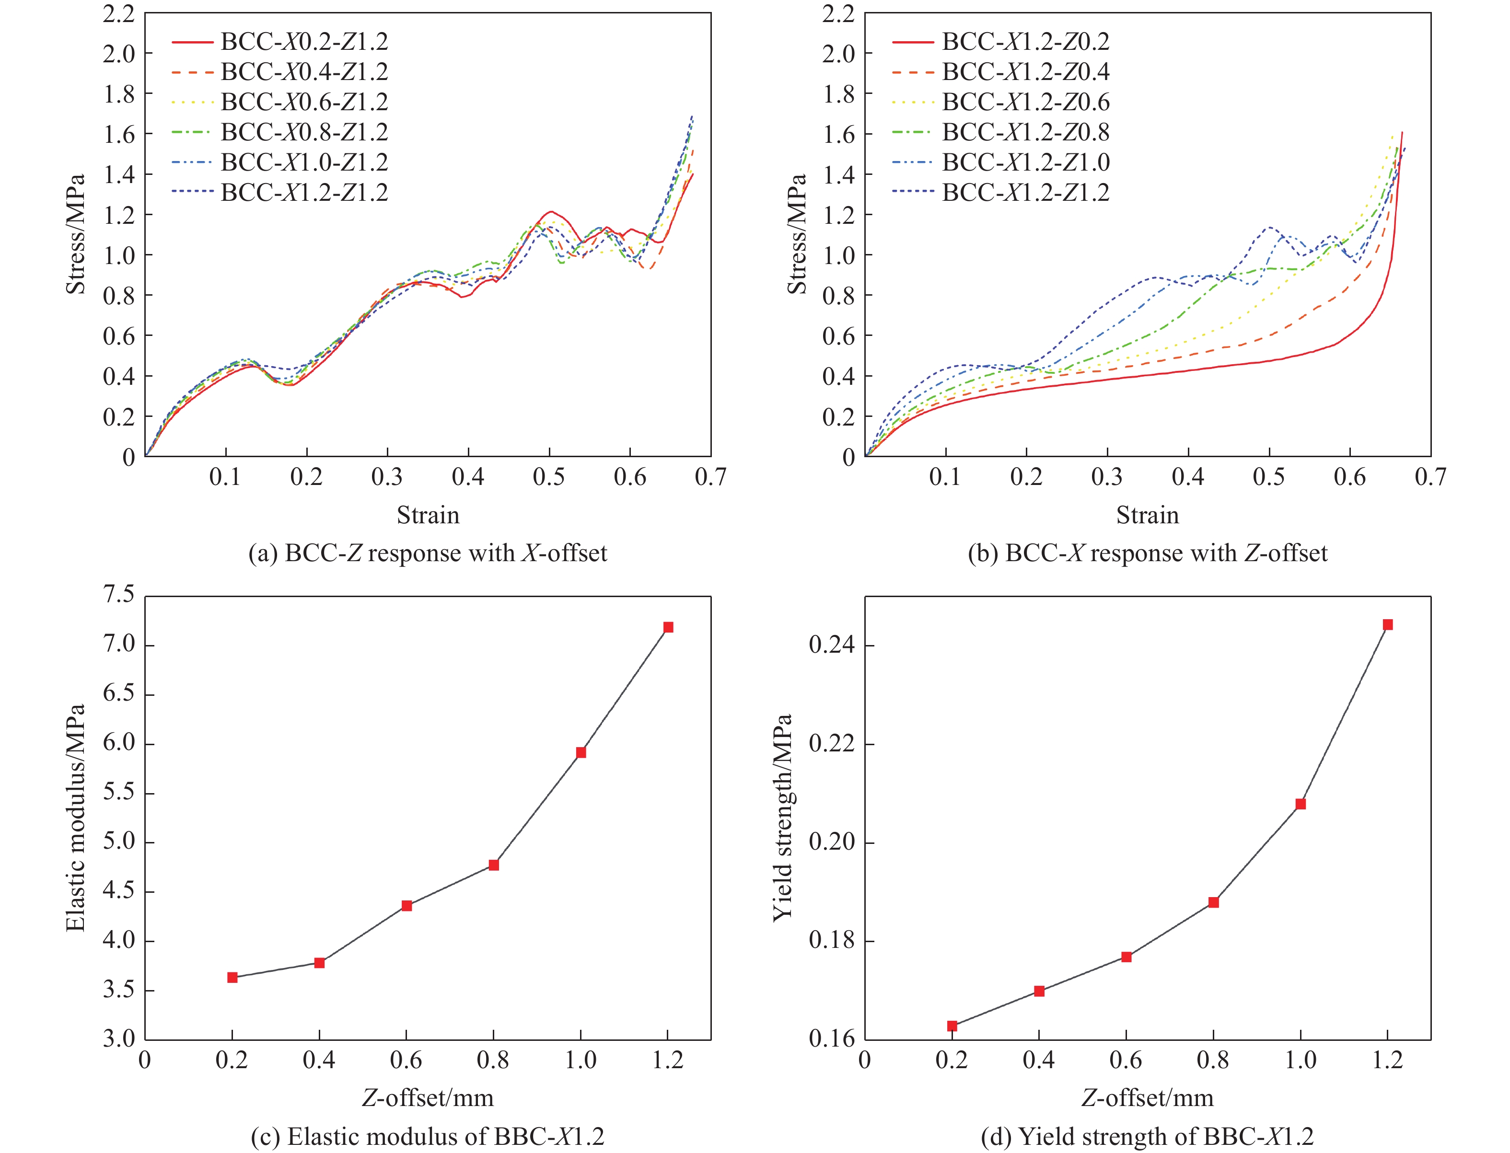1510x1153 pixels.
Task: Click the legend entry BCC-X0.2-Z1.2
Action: coord(303,42)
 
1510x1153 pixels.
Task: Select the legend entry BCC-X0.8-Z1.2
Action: coord(303,132)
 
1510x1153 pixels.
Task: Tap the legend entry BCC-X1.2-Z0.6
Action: coord(1025,102)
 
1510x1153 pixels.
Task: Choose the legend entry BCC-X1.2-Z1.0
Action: coord(1025,162)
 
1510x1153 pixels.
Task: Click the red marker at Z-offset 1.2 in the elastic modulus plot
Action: coord(668,627)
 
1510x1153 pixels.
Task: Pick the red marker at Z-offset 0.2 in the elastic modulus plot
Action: coord(232,977)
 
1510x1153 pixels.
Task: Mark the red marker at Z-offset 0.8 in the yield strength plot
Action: coord(1213,902)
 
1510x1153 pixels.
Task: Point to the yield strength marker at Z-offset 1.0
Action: coord(1301,804)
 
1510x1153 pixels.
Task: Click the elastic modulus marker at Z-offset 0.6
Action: coord(407,906)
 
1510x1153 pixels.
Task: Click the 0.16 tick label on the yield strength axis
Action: coord(831,1039)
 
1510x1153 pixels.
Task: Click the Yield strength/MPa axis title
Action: coord(782,817)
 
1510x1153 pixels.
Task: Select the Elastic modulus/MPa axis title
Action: coord(76,817)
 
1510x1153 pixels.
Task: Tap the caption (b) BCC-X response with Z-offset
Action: coord(1147,553)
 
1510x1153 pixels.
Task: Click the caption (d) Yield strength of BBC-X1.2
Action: coord(1147,1137)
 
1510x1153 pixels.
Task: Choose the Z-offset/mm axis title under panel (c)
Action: coord(428,1098)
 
